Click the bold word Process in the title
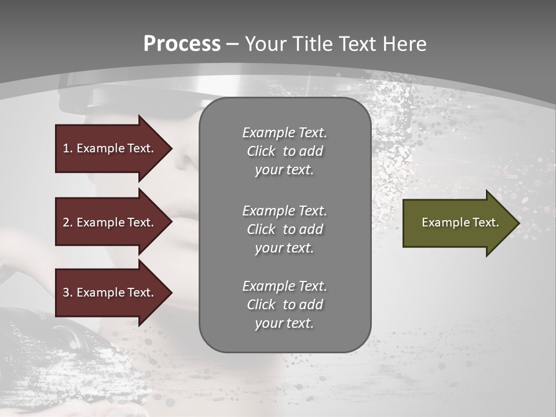tap(182, 44)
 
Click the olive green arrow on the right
tap(458, 223)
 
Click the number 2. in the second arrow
tap(67, 222)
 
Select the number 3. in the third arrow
tap(67, 292)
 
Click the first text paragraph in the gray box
tap(284, 151)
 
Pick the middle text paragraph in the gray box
tap(284, 229)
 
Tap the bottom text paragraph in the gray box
tap(284, 305)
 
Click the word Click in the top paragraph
tap(261, 151)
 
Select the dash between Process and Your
tap(233, 45)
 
